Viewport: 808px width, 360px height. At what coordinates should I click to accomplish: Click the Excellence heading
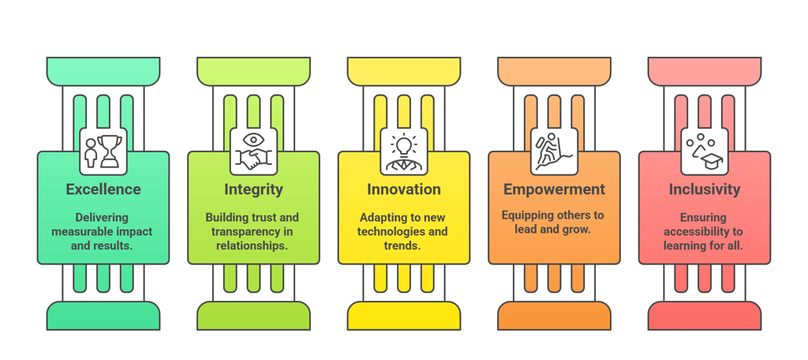tap(103, 189)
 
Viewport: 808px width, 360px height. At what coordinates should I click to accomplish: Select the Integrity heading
tap(253, 189)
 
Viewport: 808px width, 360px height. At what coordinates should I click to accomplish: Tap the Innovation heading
tap(403, 189)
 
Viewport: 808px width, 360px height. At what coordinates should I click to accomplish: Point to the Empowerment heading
tap(554, 189)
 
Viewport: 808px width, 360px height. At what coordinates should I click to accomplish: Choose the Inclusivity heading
tap(705, 189)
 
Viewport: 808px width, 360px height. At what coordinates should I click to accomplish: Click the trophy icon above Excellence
tap(103, 150)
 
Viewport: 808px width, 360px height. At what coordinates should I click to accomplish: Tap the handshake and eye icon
tap(253, 150)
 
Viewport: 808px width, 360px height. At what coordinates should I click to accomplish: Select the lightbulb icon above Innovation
tap(403, 150)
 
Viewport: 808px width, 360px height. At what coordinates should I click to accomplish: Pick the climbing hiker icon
tap(554, 150)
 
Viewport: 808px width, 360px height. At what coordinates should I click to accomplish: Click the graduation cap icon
tap(705, 150)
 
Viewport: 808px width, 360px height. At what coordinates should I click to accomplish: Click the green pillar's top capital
tap(103, 71)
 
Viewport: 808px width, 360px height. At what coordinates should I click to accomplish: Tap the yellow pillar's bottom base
tap(403, 316)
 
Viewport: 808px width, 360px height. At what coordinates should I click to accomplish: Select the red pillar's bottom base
tap(705, 316)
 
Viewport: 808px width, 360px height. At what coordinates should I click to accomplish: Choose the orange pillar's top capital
tap(554, 71)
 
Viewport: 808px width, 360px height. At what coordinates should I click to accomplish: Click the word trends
tap(403, 246)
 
